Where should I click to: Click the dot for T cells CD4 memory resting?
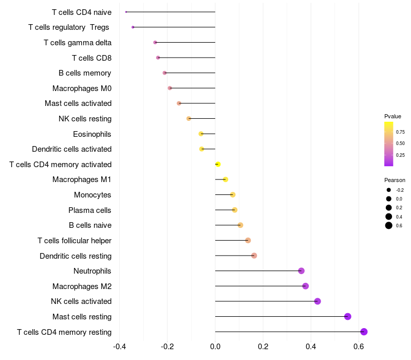pyautogui.click(x=364, y=332)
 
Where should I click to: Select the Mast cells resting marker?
pyautogui.click(x=348, y=316)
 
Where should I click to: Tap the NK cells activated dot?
pyautogui.click(x=317, y=301)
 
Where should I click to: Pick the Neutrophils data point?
pyautogui.click(x=301, y=271)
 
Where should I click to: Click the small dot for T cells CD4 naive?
pyautogui.click(x=126, y=12)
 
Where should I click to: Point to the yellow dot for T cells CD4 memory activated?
pyautogui.click(x=218, y=164)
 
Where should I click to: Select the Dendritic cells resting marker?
pyautogui.click(x=254, y=256)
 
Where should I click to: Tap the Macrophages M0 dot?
pyautogui.click(x=170, y=88)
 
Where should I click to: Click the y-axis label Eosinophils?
pyautogui.click(x=92, y=134)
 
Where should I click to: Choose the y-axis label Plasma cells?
pyautogui.click(x=90, y=210)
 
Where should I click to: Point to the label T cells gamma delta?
pyautogui.click(x=78, y=43)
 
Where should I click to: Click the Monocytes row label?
pyautogui.click(x=92, y=195)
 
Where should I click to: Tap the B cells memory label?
pyautogui.click(x=85, y=73)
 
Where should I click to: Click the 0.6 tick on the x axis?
pyautogui.click(x=359, y=347)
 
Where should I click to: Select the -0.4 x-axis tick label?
pyautogui.click(x=119, y=347)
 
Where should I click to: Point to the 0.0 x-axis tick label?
pyautogui.click(x=215, y=347)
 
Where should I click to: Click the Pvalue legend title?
pyautogui.click(x=393, y=116)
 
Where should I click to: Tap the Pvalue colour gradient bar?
pyautogui.click(x=389, y=144)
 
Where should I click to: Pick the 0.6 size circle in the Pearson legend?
pyautogui.click(x=389, y=225)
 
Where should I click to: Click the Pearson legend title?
pyautogui.click(x=395, y=180)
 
